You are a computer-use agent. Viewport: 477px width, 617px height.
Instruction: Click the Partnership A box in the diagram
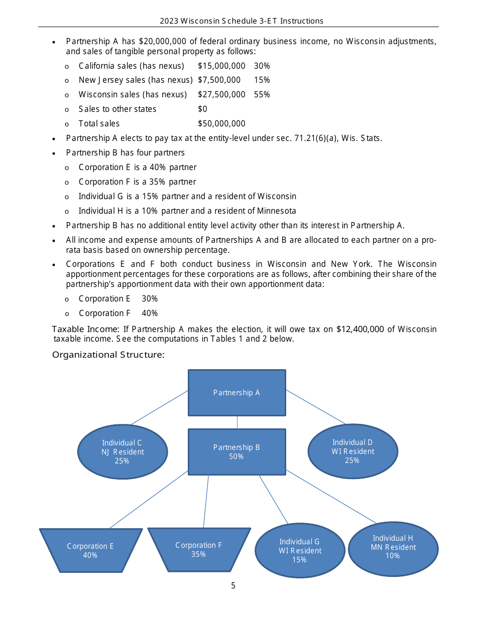(x=236, y=393)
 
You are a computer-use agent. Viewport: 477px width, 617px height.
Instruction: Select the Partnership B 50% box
(x=236, y=451)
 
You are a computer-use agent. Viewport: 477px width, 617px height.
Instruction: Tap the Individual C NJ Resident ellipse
(x=123, y=451)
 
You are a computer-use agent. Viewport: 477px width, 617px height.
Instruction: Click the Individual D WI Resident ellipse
(x=352, y=451)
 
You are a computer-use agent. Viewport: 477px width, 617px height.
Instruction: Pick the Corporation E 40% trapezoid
(x=90, y=550)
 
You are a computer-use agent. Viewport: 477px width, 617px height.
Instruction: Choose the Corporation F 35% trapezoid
(x=199, y=549)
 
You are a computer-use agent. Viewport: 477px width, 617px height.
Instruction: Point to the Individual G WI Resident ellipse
(x=300, y=550)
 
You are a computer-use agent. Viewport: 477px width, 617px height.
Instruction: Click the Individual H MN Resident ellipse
(x=393, y=547)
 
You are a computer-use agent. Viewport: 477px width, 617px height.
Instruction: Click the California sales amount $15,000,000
(x=221, y=66)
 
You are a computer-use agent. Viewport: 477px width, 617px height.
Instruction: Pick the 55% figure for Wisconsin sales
(x=262, y=94)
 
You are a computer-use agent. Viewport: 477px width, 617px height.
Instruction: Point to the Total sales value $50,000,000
(x=221, y=123)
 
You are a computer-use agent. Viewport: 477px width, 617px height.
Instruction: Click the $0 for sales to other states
(x=202, y=109)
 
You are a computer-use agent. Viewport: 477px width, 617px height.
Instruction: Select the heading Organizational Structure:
(x=108, y=355)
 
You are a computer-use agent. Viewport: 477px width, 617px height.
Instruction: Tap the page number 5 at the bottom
(x=233, y=585)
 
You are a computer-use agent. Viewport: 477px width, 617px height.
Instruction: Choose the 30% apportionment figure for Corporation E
(x=150, y=298)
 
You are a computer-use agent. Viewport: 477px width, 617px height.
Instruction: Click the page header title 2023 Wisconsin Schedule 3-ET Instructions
(x=242, y=21)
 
